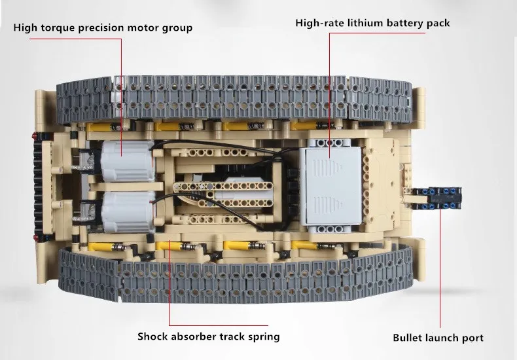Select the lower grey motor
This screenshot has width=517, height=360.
pyautogui.click(x=126, y=207)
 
